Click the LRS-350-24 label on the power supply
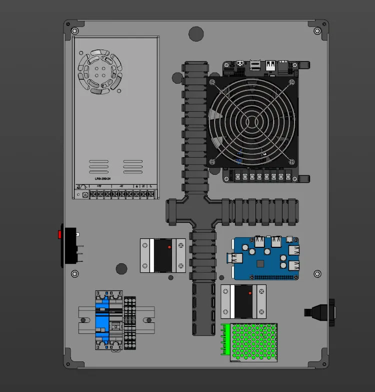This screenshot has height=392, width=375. coord(102,178)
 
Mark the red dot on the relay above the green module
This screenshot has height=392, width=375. coord(250,292)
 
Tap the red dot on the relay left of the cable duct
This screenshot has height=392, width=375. coord(169,247)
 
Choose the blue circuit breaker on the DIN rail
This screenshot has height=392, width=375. coord(102,319)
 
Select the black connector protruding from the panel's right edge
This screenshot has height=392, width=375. coord(320,312)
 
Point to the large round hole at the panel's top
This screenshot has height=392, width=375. coord(196,34)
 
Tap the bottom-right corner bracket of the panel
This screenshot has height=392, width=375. coord(320,361)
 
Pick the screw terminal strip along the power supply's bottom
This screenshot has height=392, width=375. coord(122,193)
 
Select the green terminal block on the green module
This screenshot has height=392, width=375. coord(225,340)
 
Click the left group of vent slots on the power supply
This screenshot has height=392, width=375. coord(98,166)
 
